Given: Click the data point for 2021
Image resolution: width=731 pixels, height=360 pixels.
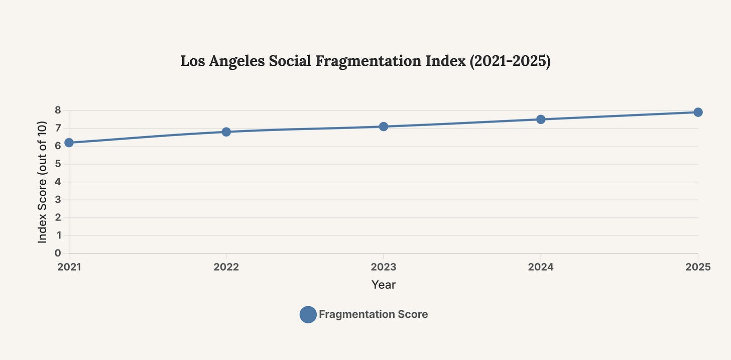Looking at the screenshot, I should point(69,143).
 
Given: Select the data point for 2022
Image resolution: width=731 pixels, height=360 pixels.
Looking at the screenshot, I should point(226,132).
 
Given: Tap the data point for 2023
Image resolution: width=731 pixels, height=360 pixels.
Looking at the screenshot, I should point(384,127).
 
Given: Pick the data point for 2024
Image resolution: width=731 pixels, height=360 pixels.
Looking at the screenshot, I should point(541,119).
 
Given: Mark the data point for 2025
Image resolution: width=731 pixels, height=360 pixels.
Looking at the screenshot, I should point(698,112).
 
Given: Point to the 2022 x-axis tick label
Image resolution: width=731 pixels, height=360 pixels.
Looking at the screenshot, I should point(226,267).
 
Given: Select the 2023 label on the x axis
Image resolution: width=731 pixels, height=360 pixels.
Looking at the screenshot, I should point(384,267).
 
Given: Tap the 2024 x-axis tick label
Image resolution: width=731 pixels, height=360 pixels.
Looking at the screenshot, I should point(541,267).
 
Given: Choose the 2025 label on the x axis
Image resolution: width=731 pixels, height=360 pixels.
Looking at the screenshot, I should point(698,267).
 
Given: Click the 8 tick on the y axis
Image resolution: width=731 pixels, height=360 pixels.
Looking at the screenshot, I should point(58,110).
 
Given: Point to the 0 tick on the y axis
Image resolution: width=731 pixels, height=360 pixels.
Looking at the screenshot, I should point(58,254).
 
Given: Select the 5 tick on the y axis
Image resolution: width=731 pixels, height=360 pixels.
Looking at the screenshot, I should point(58,164).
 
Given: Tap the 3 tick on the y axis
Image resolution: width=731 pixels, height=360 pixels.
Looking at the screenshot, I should point(58,200).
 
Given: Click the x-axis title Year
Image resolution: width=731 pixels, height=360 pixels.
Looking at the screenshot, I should point(384,285).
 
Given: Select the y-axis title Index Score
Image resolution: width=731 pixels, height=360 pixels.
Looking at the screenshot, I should point(43,182).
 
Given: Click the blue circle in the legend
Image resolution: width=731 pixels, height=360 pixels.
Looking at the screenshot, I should point(308,315).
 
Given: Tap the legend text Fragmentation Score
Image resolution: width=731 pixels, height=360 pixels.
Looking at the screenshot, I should point(373,315).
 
